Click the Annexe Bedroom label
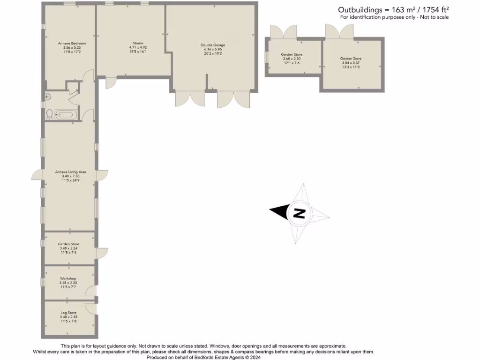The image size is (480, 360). coord(72,43)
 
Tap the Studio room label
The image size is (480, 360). coord(138,43)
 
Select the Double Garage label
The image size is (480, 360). coord(213,45)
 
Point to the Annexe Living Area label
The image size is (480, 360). coord(70,172)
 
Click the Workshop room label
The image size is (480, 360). coord(68,278)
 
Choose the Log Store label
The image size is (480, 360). coord(68,313)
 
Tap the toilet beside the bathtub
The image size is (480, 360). coord(50,114)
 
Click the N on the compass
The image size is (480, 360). coord(299,213)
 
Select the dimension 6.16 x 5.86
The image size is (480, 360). coord(213,49)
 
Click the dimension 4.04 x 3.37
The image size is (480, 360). coord(351,63)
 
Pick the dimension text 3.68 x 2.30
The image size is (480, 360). coord(292,59)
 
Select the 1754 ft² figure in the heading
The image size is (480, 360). coord(434,9)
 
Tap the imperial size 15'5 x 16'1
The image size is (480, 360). coord(138,52)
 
